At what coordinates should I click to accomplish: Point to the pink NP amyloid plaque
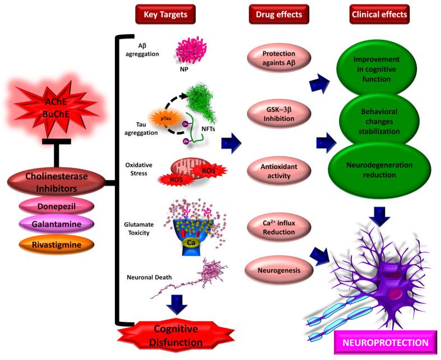(x=182, y=52)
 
